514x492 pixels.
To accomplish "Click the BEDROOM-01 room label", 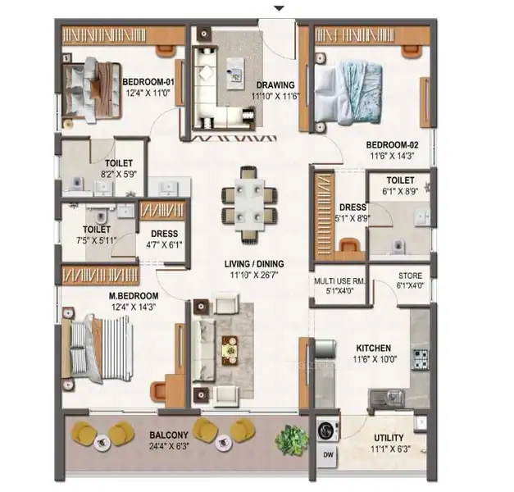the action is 148,82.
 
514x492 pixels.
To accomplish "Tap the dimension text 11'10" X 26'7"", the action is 254,275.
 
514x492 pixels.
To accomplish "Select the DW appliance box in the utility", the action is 328,455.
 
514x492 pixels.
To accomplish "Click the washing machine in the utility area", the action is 327,430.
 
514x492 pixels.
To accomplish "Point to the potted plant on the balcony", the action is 291,440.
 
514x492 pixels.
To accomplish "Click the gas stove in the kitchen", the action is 421,360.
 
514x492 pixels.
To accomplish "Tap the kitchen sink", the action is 387,399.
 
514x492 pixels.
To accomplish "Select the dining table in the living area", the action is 249,205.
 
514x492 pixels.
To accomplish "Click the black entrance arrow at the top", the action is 279,8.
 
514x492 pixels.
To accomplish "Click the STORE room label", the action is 410,276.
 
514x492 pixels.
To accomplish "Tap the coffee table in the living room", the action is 230,350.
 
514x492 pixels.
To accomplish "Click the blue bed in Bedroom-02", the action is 348,93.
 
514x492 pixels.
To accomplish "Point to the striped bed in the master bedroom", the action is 98,348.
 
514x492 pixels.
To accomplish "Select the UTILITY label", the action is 389,438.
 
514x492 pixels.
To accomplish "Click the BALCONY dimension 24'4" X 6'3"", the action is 169,446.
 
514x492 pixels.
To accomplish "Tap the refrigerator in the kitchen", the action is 325,349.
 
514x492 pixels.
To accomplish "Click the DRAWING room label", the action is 275,85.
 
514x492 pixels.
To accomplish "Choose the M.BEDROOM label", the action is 134,296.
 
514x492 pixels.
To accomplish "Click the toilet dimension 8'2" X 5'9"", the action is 119,174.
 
